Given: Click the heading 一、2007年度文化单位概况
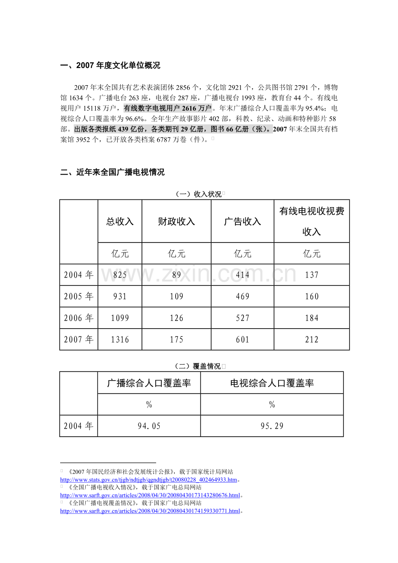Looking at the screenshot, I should click(x=110, y=66).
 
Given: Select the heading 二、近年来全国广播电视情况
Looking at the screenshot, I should click(x=112, y=173).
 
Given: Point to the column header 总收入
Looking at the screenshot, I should click(x=120, y=221).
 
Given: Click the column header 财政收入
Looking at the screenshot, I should click(x=177, y=221).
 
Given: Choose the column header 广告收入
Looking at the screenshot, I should click(x=242, y=221).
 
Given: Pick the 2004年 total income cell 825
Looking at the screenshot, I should click(x=120, y=275).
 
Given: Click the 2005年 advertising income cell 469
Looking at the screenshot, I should click(x=242, y=297).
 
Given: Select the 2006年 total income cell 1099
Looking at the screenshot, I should click(x=120, y=318).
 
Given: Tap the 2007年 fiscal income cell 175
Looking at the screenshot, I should click(x=177, y=340).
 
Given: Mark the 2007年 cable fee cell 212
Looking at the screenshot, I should click(x=311, y=340).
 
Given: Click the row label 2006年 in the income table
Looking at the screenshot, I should click(x=79, y=318).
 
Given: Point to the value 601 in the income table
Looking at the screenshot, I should click(x=242, y=340).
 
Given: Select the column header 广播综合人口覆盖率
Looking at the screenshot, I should click(x=149, y=383).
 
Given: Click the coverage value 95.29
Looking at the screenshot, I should click(x=272, y=426).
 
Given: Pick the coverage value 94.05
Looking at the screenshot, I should click(x=149, y=426).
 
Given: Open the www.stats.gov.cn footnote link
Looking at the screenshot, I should click(x=148, y=480).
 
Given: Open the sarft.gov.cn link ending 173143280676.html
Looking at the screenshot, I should click(x=150, y=495).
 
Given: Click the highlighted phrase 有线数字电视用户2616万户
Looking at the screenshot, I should click(x=168, y=108).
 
